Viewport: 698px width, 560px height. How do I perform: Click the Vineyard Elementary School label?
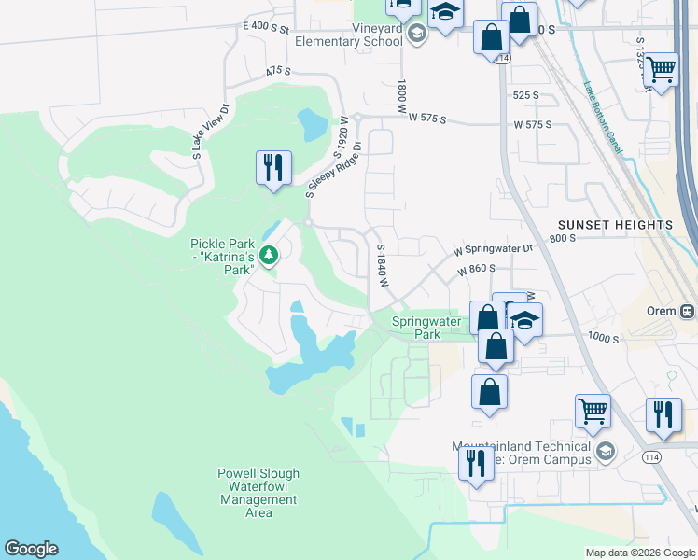point(348,35)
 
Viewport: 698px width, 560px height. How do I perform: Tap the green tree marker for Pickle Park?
point(270,254)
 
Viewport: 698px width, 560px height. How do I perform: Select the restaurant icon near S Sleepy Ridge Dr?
point(273,169)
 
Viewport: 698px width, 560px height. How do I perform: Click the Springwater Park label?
point(426,328)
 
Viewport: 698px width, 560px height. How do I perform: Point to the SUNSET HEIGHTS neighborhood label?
point(615,226)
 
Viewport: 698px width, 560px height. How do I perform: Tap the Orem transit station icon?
point(688,311)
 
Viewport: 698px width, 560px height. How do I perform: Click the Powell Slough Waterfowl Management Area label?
point(258,493)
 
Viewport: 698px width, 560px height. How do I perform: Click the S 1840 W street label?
point(381,266)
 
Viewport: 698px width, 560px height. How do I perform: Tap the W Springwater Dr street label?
point(493,249)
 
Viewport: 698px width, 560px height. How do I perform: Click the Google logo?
point(31,549)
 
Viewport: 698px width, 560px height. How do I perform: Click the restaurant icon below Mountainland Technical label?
point(476,461)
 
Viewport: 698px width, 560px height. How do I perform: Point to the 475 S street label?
point(277,70)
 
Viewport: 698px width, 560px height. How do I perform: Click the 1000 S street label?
point(605,339)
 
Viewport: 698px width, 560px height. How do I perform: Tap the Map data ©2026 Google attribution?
point(640,553)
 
